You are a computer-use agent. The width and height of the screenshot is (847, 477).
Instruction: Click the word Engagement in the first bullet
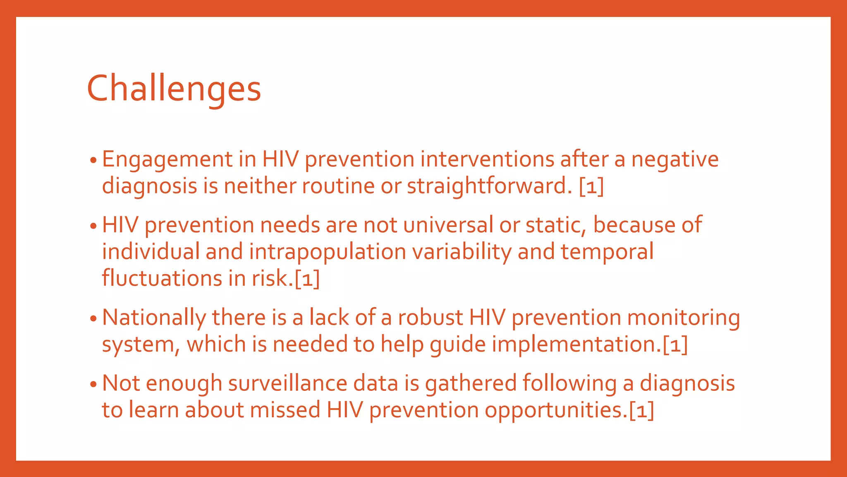point(167,160)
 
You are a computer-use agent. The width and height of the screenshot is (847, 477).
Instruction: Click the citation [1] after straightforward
point(591,186)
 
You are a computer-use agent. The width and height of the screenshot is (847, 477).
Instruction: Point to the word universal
point(448,225)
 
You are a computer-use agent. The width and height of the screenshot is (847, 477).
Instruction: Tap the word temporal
point(607,252)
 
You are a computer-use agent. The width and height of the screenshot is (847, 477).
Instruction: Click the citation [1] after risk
point(307,278)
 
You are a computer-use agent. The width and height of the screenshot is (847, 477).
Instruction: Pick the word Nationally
point(154,318)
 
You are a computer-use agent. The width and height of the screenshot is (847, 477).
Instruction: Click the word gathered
point(471,383)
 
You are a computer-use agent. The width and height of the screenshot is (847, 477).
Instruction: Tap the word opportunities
point(556,410)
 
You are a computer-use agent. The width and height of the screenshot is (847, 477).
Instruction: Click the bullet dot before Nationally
point(93,319)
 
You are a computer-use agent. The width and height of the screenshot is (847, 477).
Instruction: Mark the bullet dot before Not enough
point(93,384)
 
